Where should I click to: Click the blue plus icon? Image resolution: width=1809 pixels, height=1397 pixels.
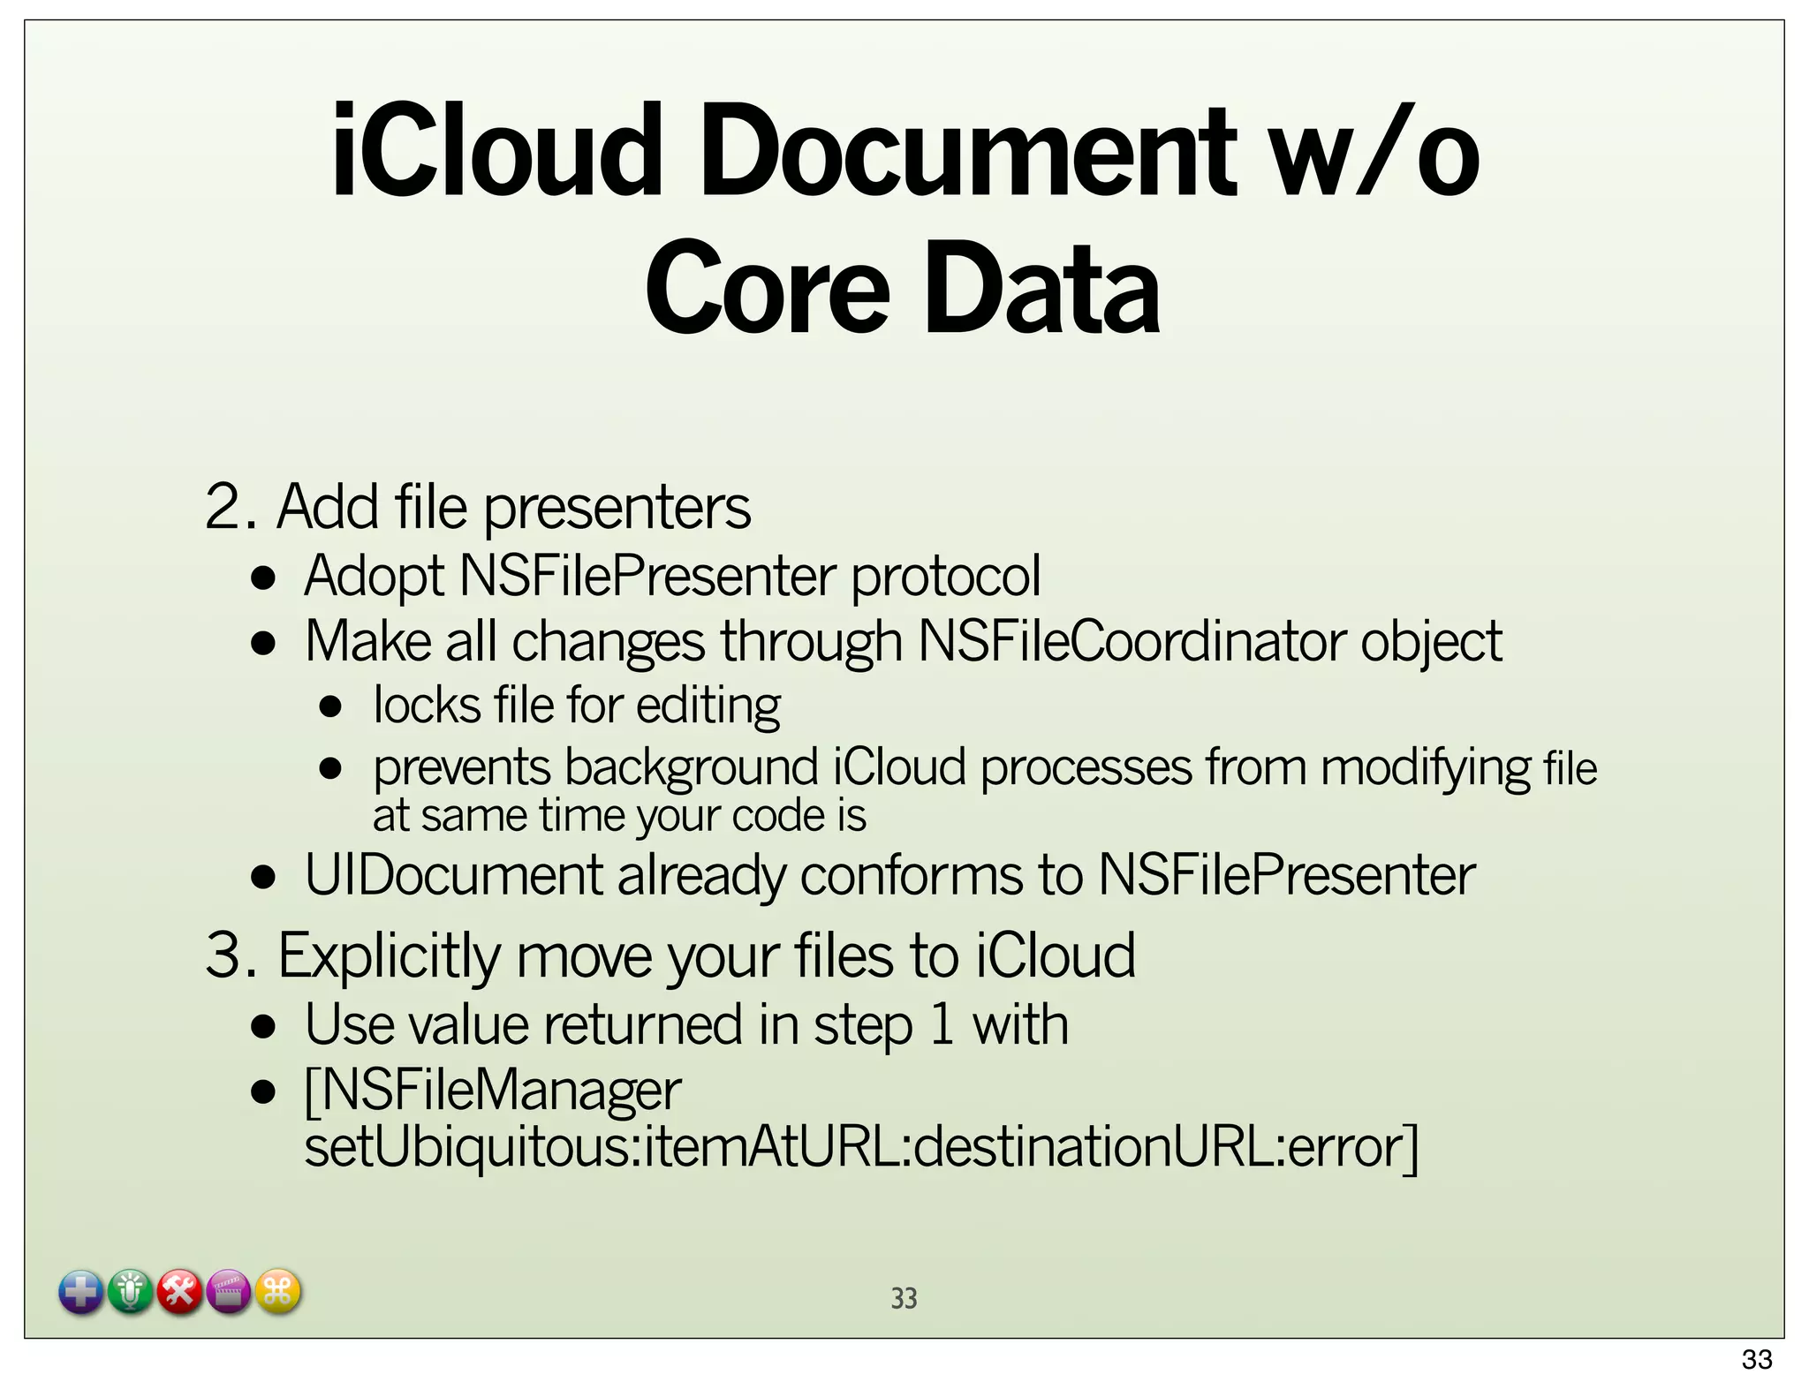pyautogui.click(x=81, y=1293)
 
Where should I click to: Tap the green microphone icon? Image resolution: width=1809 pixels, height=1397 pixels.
pyautogui.click(x=131, y=1293)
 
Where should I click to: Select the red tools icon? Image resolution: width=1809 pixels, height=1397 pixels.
pyautogui.click(x=180, y=1293)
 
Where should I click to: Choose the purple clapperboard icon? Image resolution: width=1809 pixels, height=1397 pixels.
pyautogui.click(x=229, y=1293)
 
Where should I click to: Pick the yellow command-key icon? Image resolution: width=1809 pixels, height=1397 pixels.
pyautogui.click(x=278, y=1293)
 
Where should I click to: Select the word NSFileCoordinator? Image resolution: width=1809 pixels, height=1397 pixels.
pyautogui.click(x=1131, y=640)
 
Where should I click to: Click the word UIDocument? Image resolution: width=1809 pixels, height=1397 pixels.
pyautogui.click(x=453, y=875)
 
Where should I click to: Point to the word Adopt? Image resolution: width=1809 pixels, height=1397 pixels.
pyautogui.click(x=374, y=576)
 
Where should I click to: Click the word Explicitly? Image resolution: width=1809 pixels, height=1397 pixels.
pyautogui.click(x=389, y=957)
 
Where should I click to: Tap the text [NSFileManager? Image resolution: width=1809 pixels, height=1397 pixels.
pyautogui.click(x=493, y=1090)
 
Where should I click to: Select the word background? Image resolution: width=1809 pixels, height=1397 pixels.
pyautogui.click(x=692, y=766)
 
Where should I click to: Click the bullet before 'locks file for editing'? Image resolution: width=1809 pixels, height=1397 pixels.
pyautogui.click(x=330, y=706)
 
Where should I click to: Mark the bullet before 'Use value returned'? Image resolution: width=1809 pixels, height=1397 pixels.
pyautogui.click(x=263, y=1026)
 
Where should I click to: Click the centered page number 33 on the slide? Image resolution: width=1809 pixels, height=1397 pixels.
pyautogui.click(x=904, y=1298)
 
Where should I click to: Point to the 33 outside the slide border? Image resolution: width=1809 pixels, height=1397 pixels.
pyautogui.click(x=1757, y=1359)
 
